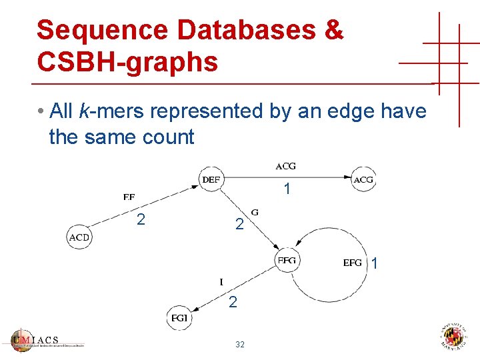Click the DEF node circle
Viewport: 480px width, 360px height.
click(211, 179)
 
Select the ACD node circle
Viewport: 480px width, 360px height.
click(79, 237)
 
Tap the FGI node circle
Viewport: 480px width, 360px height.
click(180, 317)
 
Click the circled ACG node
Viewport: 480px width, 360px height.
click(363, 179)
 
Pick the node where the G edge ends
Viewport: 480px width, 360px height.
click(287, 260)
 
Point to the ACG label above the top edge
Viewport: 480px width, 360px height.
click(285, 166)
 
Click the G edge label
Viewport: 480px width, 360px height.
click(255, 213)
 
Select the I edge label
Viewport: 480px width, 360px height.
click(221, 281)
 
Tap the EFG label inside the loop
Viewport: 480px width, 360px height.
click(353, 263)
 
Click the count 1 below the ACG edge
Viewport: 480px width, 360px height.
click(287, 190)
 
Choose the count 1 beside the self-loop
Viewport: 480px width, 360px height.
click(375, 264)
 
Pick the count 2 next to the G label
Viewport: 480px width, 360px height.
click(239, 225)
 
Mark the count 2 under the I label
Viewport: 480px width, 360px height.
click(233, 303)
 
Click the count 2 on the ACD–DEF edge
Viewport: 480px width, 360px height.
click(141, 219)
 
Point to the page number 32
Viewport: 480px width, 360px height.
click(240, 345)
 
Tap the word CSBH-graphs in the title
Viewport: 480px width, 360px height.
click(127, 62)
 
